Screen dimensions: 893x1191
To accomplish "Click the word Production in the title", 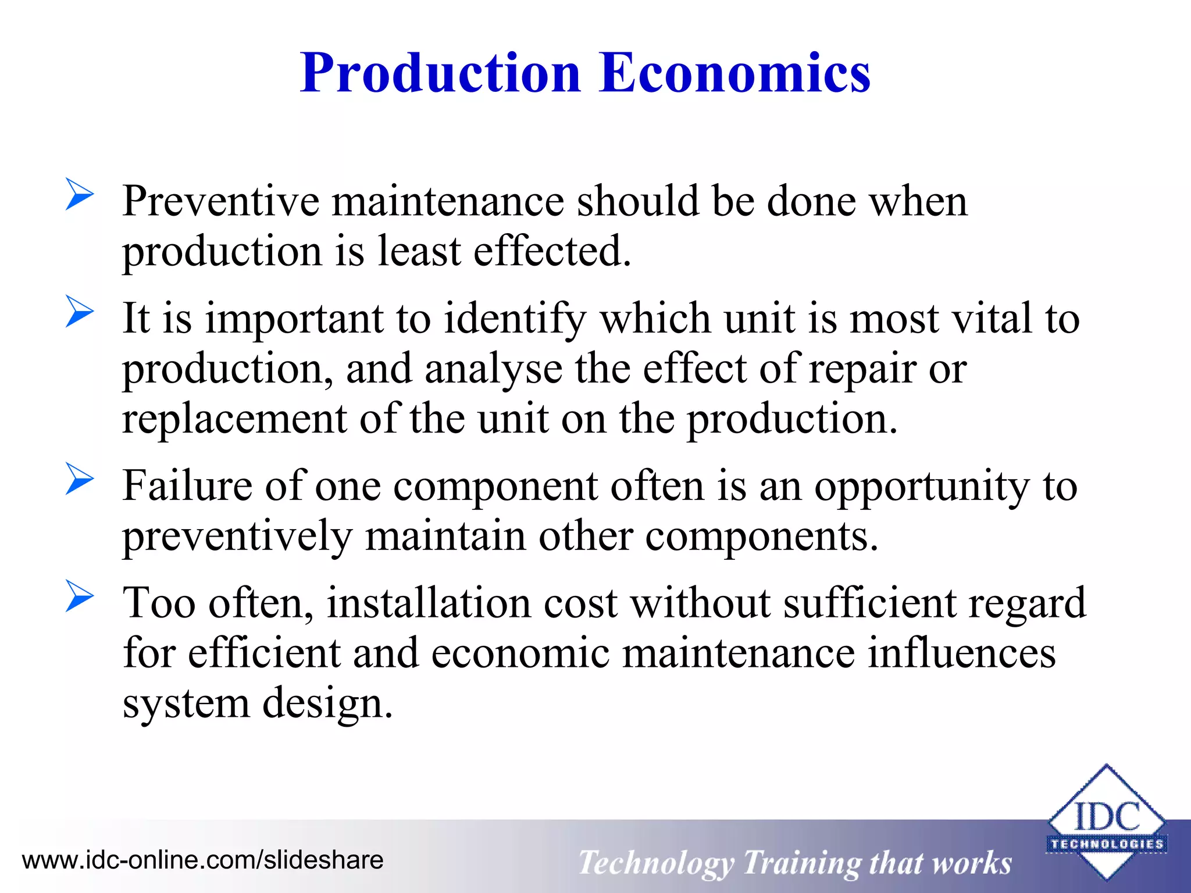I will pyautogui.click(x=440, y=74).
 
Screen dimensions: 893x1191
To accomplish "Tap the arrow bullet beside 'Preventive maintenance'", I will pyautogui.click(x=80, y=194).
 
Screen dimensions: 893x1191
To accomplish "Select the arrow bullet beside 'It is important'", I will pyautogui.click(x=80, y=312).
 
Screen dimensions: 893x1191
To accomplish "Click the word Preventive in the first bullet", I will pyautogui.click(x=220, y=201).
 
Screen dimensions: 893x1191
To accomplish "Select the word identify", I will pyautogui.click(x=515, y=320).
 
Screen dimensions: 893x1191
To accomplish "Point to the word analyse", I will pyautogui.click(x=493, y=370).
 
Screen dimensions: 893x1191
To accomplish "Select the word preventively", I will pyautogui.click(x=237, y=537).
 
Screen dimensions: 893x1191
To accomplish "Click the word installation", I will pyautogui.click(x=429, y=603).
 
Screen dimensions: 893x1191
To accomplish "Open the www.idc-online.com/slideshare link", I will pyautogui.click(x=202, y=860).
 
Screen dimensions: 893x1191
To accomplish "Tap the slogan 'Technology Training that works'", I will pyautogui.click(x=795, y=863).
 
